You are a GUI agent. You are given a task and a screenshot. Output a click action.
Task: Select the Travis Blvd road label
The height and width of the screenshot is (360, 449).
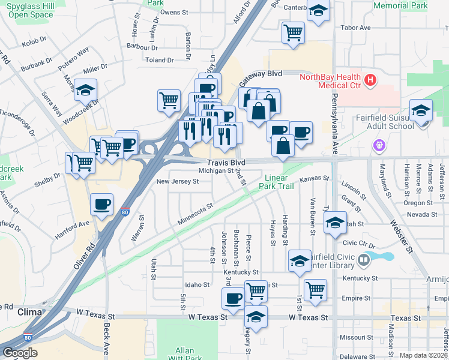click(226, 162)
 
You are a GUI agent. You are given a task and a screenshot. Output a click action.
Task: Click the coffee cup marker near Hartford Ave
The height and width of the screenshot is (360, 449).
click(101, 205)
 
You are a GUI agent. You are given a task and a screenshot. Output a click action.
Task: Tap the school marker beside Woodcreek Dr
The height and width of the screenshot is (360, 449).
click(86, 91)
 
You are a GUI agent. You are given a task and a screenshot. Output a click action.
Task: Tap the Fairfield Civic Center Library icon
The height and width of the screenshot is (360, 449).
click(364, 260)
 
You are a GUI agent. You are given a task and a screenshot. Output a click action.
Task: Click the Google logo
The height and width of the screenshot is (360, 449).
click(20, 353)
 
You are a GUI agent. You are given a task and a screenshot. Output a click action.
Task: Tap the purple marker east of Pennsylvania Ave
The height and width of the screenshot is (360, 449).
click(378, 145)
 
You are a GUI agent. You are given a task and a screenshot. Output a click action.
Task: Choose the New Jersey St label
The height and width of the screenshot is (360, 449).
click(177, 181)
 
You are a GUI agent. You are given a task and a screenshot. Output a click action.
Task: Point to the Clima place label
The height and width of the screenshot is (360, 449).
click(29, 313)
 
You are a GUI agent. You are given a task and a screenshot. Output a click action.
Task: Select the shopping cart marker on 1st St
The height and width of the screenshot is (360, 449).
click(315, 290)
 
